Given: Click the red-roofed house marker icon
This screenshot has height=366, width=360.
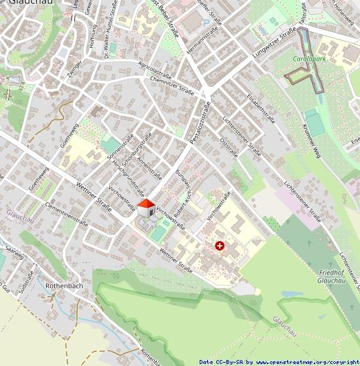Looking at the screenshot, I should [146, 207].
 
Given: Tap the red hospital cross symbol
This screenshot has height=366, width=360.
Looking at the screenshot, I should [220, 246].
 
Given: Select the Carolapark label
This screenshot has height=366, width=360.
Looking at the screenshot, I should [309, 59].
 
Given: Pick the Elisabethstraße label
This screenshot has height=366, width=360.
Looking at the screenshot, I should [261, 109].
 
